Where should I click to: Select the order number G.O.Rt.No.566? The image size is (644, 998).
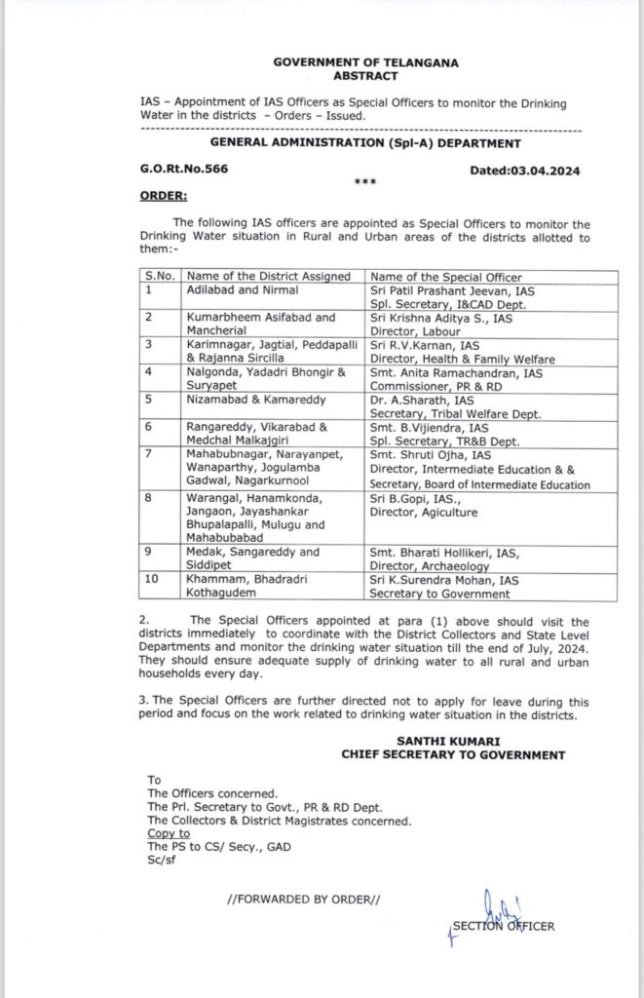(x=181, y=169)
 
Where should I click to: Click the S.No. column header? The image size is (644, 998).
(x=159, y=277)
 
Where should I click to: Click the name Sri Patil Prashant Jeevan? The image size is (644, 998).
(x=447, y=290)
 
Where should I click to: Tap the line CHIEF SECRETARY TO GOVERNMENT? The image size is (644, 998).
(x=452, y=754)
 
